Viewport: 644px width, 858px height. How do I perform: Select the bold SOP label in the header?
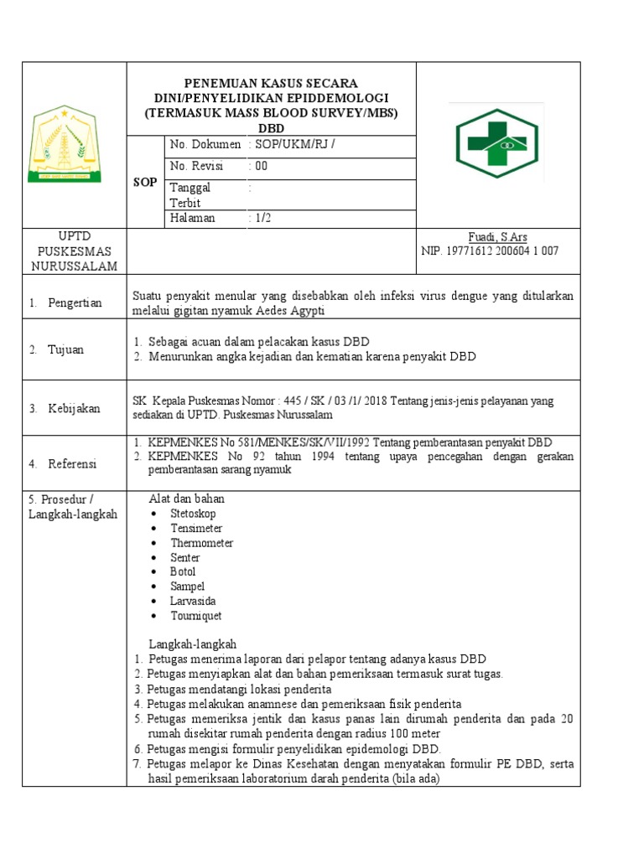(145, 182)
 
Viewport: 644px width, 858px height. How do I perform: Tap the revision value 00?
(259, 166)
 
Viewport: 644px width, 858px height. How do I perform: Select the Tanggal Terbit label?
(191, 195)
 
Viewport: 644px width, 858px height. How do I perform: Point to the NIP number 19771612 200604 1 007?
(490, 251)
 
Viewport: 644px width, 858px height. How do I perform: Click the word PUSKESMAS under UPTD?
(72, 251)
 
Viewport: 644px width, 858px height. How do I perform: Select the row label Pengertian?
(75, 302)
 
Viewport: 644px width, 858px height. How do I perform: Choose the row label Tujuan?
(65, 349)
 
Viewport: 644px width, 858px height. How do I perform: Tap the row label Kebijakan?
(74, 408)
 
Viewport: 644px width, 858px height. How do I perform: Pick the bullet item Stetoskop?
(193, 514)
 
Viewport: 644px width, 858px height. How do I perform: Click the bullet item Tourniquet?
(196, 616)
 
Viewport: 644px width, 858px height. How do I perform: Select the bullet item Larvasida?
(193, 601)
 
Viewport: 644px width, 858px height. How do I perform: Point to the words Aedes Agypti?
(286, 311)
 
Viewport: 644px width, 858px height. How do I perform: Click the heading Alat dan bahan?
(186, 499)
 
